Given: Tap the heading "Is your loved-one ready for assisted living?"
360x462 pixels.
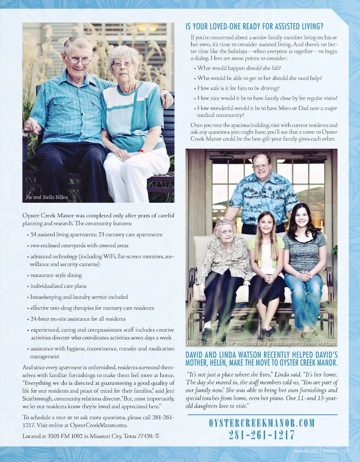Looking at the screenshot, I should click(x=254, y=27).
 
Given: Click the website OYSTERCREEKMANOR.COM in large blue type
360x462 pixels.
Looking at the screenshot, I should click(x=261, y=423).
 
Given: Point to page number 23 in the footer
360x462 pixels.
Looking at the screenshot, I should click(x=346, y=450).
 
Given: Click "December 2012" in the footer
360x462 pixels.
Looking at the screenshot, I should click(x=305, y=450).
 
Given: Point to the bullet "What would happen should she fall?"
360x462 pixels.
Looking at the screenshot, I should click(x=239, y=68).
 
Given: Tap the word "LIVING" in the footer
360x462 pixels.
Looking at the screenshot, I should click(x=330, y=450).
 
